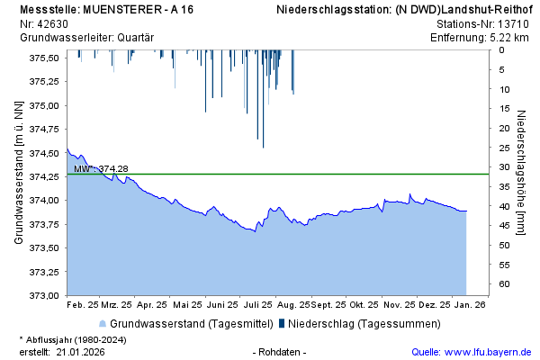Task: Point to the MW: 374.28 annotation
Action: tap(101, 168)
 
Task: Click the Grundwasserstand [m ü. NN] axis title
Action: tap(18, 174)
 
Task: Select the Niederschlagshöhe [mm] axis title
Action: tap(521, 174)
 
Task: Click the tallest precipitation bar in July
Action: tap(263, 99)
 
